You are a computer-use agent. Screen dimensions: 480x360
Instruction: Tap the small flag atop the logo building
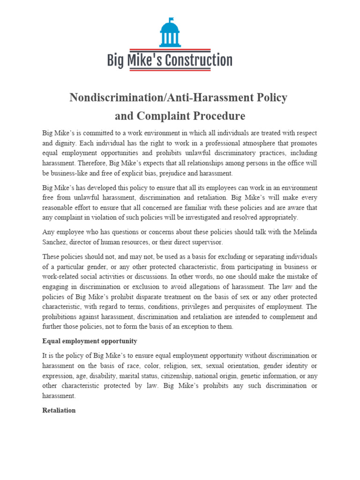tap(172, 19)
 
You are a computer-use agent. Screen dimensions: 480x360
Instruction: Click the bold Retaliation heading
tap(59, 410)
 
